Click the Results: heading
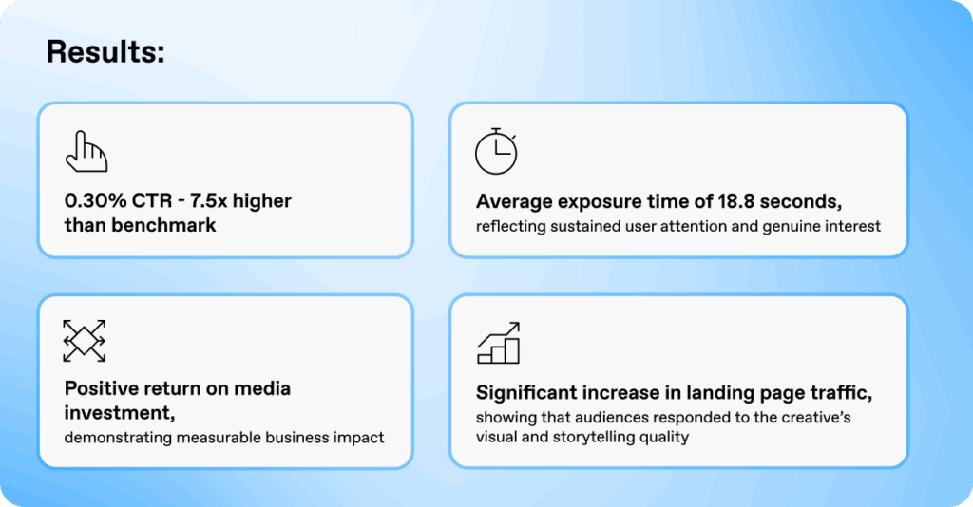tap(105, 53)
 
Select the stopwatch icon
tap(495, 152)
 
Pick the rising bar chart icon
tap(498, 343)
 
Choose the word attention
tap(702, 226)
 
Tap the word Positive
tap(104, 388)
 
